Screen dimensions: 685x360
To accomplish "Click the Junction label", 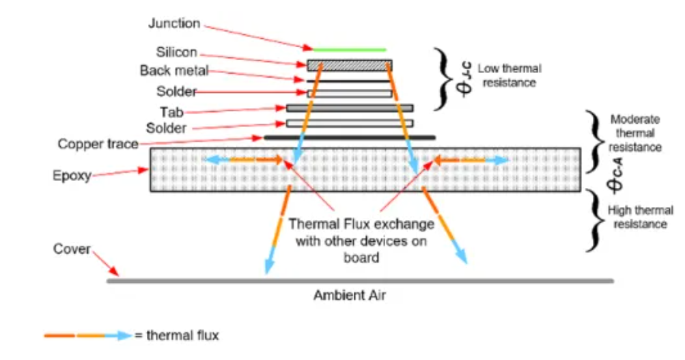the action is click(x=174, y=23).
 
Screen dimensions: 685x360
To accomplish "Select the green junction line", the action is click(x=350, y=50).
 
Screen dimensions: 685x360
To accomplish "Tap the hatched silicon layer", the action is click(x=350, y=66).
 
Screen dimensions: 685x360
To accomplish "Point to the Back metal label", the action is click(x=174, y=70).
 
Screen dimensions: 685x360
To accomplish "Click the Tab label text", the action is click(x=171, y=112).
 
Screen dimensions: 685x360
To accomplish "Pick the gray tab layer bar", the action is click(x=350, y=108).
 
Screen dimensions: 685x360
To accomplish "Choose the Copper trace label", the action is click(x=98, y=143).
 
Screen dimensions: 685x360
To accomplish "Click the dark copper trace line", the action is click(x=350, y=137).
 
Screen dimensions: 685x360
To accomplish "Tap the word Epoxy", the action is click(x=72, y=176).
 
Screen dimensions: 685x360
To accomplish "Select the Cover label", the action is click(x=72, y=249).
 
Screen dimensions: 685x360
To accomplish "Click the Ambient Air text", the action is click(x=350, y=295).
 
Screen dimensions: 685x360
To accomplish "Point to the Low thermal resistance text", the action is click(x=509, y=76).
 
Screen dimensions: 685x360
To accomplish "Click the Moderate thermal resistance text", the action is click(x=635, y=133).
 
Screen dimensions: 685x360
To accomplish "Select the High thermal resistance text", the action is click(x=640, y=217).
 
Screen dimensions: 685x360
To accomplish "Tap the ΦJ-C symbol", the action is click(x=464, y=79).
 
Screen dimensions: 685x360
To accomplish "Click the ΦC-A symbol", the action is click(x=615, y=176).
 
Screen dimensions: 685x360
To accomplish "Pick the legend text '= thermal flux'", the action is click(x=176, y=335).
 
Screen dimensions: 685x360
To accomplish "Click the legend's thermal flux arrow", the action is click(x=88, y=335).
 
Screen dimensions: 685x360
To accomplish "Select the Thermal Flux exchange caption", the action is click(x=361, y=240).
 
